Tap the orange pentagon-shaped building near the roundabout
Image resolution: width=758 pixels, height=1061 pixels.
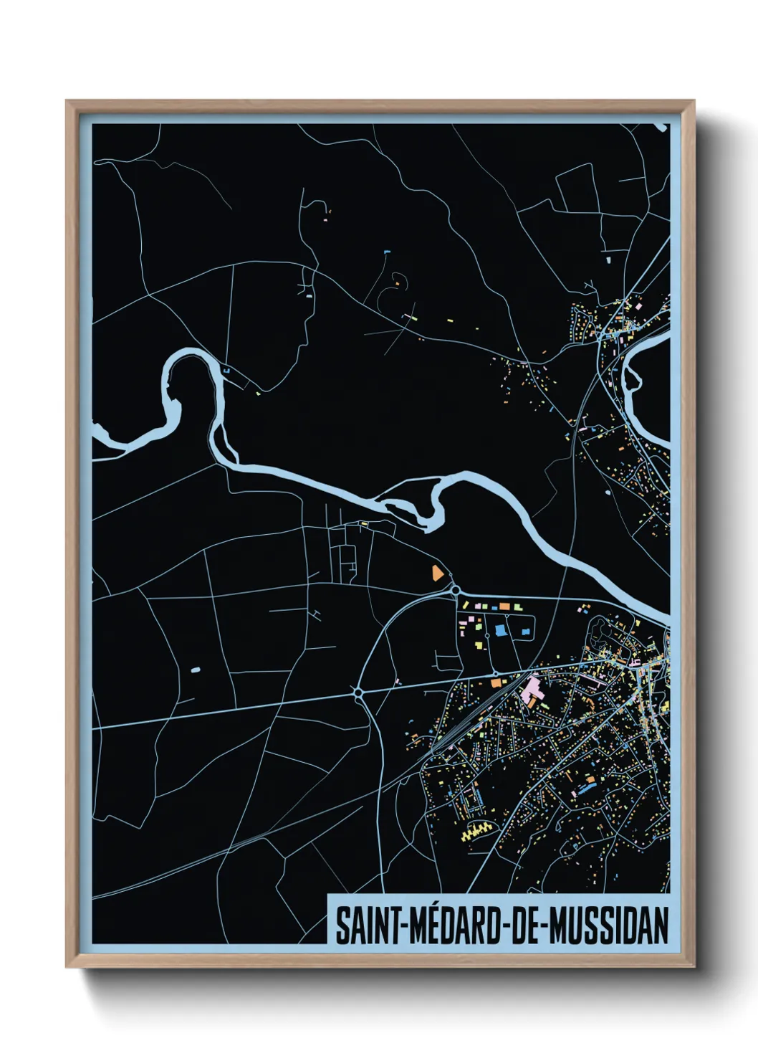coord(436,572)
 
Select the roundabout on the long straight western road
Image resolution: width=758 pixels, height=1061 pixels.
coord(358,692)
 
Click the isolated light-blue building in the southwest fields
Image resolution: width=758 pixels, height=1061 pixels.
coord(196,670)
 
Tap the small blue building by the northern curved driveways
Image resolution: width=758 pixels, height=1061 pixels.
coord(387,252)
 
